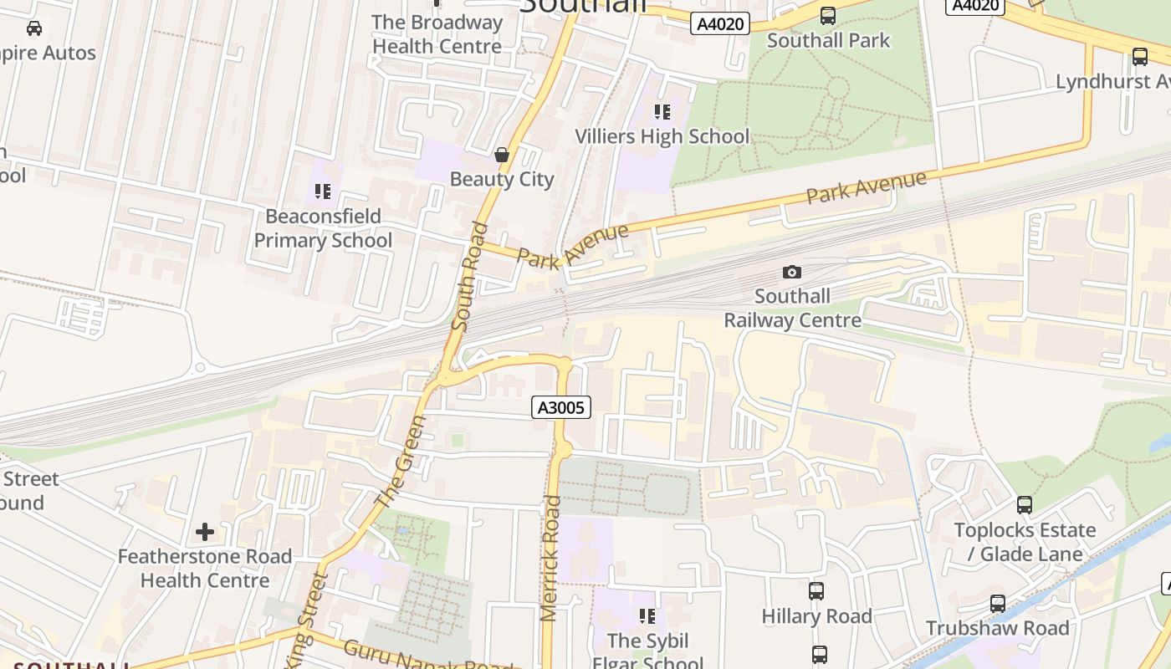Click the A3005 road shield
pyautogui.click(x=561, y=407)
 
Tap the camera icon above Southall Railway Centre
pyautogui.click(x=791, y=272)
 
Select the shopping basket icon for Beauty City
pyautogui.click(x=502, y=155)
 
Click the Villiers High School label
pyautogui.click(x=662, y=136)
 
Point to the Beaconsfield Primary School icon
pyautogui.click(x=323, y=192)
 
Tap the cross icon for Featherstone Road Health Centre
pyautogui.click(x=205, y=532)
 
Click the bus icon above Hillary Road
pyautogui.click(x=816, y=591)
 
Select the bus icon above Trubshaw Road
pyautogui.click(x=997, y=604)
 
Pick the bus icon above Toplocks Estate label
pyautogui.click(x=1025, y=505)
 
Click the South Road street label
pyautogui.click(x=468, y=276)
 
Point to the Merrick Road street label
pyautogui.click(x=550, y=559)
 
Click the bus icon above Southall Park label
pyautogui.click(x=828, y=15)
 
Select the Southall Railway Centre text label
pyautogui.click(x=792, y=308)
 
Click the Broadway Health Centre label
pyautogui.click(x=437, y=34)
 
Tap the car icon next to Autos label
pyautogui.click(x=34, y=28)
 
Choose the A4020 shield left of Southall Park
pyautogui.click(x=720, y=24)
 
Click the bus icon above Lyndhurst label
pyautogui.click(x=1139, y=57)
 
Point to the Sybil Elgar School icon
pyautogui.click(x=647, y=616)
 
